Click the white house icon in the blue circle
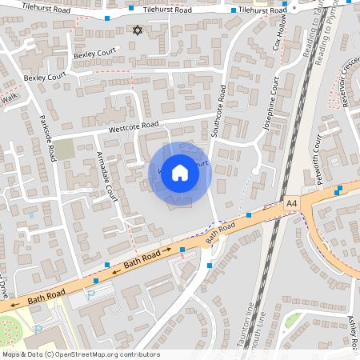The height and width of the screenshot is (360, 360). [180, 172]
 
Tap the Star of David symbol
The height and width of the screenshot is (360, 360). [137, 30]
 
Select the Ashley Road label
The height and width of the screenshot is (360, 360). [352, 328]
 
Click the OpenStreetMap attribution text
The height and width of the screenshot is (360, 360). [80, 354]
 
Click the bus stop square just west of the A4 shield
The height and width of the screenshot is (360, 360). [249, 214]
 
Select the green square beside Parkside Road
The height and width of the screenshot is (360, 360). [64, 150]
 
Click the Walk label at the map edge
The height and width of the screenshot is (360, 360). [9, 98]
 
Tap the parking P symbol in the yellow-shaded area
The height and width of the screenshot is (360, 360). [90, 295]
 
